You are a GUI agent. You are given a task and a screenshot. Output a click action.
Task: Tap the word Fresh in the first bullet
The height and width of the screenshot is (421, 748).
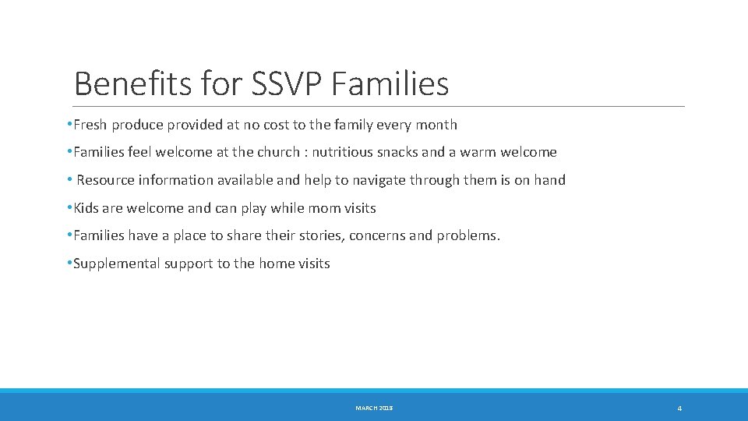pyautogui.click(x=91, y=125)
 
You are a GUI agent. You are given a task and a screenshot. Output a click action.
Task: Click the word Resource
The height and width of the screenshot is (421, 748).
pyautogui.click(x=105, y=180)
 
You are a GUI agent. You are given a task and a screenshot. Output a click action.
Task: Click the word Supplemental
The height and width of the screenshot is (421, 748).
pyautogui.click(x=111, y=264)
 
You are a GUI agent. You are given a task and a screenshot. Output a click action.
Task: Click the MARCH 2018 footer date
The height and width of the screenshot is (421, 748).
pyautogui.click(x=374, y=408)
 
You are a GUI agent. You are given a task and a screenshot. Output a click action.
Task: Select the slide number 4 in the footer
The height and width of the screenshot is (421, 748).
pyautogui.click(x=679, y=409)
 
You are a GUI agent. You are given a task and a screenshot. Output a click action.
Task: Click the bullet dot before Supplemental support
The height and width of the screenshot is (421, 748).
pyautogui.click(x=69, y=264)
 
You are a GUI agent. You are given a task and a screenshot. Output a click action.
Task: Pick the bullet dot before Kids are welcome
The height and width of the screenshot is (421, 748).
pyautogui.click(x=69, y=208)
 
